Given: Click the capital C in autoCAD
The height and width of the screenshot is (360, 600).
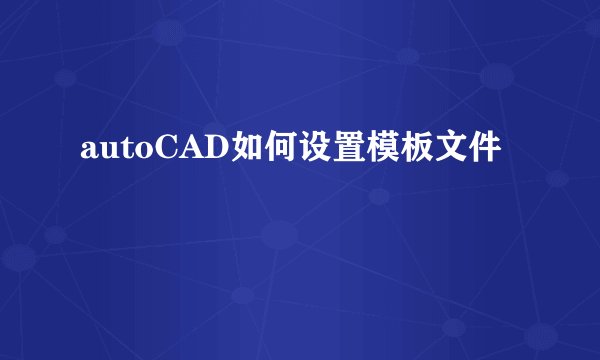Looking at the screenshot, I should pos(152,149).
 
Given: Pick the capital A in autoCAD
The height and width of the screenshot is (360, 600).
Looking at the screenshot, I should pos(177,149).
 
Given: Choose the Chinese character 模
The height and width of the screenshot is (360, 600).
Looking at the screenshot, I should pos(368,149).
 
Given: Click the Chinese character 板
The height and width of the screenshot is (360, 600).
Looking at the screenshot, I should pos(402,149).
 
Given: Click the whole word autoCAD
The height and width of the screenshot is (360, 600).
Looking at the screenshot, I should pos(146,150).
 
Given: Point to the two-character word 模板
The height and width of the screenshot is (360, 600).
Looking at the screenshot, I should pos(385,149).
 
